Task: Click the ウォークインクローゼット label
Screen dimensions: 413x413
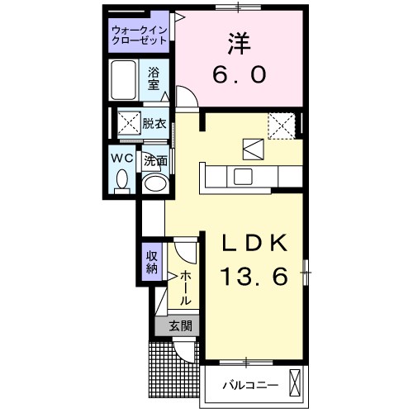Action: (140, 37)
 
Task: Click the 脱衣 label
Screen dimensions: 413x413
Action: (154, 125)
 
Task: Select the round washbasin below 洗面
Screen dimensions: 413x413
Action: (154, 183)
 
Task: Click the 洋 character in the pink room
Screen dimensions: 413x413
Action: (239, 42)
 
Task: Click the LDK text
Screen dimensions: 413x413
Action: (254, 243)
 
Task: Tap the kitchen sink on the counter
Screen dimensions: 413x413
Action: (243, 175)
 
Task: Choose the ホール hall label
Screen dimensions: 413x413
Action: (185, 286)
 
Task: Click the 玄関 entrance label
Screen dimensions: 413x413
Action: (181, 326)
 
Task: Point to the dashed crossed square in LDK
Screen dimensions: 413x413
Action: (283, 125)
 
